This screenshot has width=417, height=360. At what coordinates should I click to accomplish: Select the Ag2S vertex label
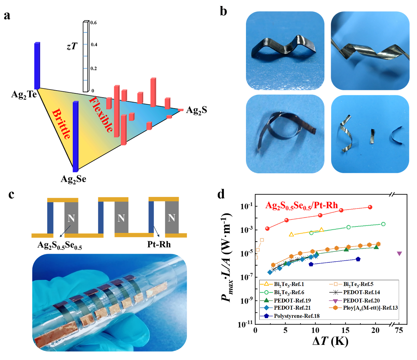click(x=196, y=110)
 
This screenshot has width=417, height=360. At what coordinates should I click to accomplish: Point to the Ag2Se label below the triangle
click(x=73, y=179)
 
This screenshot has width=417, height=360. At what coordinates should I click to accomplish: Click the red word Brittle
click(x=62, y=124)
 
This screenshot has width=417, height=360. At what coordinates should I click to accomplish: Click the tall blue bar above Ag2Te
click(x=37, y=66)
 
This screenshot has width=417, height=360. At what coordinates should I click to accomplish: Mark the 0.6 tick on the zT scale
click(x=94, y=23)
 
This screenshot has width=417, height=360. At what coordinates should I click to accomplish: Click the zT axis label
click(x=72, y=46)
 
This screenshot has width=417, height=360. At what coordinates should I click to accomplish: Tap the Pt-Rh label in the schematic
click(x=159, y=244)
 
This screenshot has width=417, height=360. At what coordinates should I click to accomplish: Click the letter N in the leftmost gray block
click(x=71, y=218)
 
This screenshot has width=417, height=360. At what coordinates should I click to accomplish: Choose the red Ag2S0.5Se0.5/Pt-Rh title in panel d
click(x=301, y=205)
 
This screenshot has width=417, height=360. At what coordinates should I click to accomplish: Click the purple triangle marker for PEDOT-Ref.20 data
click(x=399, y=254)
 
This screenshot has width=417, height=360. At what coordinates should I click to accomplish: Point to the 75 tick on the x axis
click(x=399, y=330)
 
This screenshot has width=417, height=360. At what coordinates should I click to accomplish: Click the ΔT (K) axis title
click(x=330, y=342)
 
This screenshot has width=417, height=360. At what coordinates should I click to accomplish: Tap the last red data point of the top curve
click(x=370, y=207)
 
